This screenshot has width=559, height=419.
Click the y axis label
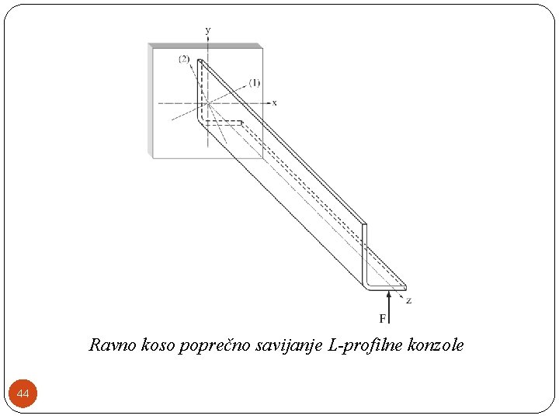[207, 30]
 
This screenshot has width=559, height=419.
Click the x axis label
[275, 102]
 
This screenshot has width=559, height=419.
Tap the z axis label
[409, 301]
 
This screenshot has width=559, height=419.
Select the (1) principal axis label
[254, 82]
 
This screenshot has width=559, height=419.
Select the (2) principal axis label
[184, 60]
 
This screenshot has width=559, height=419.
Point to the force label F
[383, 318]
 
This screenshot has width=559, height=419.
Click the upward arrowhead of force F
[388, 294]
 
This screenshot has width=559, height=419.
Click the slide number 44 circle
[23, 395]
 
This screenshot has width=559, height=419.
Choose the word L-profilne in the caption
[363, 345]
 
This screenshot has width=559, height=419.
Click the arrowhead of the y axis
[207, 40]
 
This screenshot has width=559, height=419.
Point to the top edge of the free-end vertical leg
[364, 224]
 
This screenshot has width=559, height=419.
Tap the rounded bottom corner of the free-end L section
[366, 286]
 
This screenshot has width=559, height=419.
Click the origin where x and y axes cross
[207, 102]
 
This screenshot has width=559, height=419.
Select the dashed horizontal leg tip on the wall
[241, 122]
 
